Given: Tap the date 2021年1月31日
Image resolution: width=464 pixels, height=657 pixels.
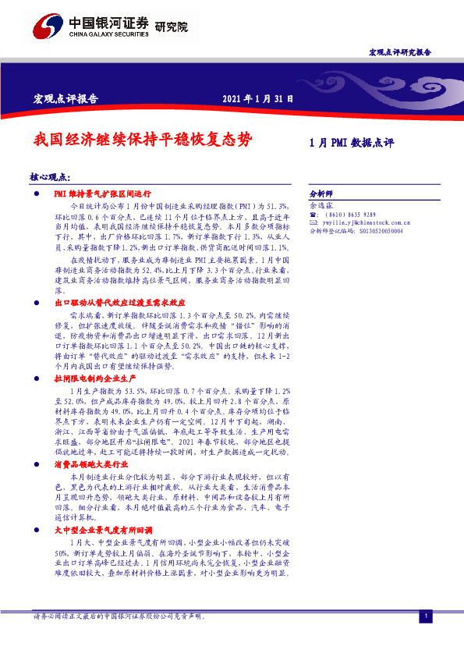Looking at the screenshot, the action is [x=257, y=98].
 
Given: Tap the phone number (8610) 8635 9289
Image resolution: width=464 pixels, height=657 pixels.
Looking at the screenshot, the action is [x=351, y=214].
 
